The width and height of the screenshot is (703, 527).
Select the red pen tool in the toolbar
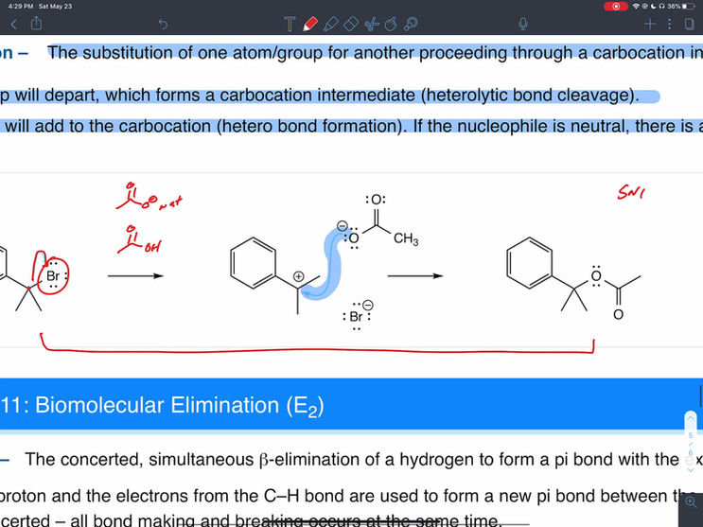click(310, 23)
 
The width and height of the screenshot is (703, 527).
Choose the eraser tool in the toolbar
click(351, 23)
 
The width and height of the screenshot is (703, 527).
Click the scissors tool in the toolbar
click(371, 23)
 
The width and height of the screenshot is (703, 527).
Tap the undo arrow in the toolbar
click(163, 24)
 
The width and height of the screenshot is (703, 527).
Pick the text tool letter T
click(290, 23)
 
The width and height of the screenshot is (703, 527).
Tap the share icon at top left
click(36, 23)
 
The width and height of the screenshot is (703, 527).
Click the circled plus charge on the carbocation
click(299, 275)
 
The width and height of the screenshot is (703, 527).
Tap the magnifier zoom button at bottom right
click(693, 501)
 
